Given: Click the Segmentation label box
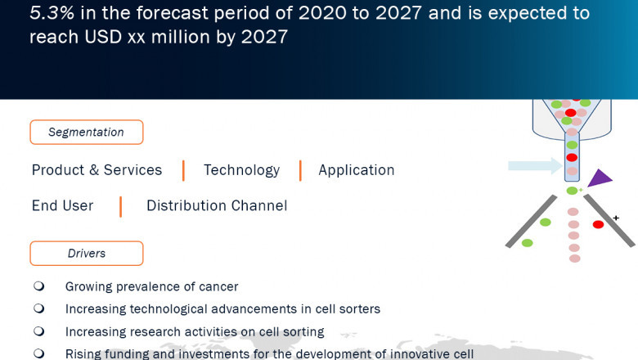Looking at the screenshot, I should point(86,133).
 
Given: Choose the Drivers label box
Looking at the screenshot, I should point(86,254).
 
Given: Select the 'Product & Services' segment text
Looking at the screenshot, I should point(97,170).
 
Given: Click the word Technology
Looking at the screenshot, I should point(241,170).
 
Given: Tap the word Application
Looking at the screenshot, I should point(356,170).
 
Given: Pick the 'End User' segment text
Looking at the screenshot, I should point(62,206).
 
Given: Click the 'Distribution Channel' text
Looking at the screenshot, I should point(217,206).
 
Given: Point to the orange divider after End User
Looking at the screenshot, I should point(120,206).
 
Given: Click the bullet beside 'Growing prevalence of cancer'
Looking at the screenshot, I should point(38,286).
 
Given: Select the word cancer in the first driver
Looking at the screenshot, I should point(218,287).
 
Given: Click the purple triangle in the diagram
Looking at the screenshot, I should point(600,178).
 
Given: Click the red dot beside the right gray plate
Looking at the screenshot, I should point(598,224).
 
